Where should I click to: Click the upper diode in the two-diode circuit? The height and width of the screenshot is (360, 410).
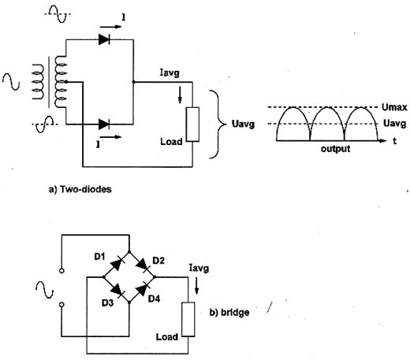(104, 39)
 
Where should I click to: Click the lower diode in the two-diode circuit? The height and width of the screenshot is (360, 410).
(104, 124)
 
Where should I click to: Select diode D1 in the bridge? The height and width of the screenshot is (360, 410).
(116, 264)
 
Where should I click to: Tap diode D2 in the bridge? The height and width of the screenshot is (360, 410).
(142, 264)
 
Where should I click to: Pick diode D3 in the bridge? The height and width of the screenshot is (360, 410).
(117, 290)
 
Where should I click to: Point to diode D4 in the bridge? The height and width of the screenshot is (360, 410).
(142, 290)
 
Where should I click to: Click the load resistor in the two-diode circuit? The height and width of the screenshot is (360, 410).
(192, 124)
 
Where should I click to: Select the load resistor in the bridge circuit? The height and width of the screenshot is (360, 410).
(188, 319)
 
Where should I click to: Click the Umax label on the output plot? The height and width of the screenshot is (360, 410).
(394, 107)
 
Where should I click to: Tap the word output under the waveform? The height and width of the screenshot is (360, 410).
(335, 149)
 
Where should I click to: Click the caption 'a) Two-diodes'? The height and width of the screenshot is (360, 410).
(80, 189)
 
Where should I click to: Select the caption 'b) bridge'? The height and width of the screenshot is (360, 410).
(229, 313)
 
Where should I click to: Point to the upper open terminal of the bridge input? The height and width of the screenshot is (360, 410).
(61, 271)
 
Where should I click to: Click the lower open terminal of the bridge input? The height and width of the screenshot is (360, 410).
(61, 305)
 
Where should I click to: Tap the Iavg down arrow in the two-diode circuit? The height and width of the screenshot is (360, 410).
(180, 95)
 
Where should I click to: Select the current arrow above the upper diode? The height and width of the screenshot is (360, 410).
(110, 27)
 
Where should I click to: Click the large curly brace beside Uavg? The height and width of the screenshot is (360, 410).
(218, 124)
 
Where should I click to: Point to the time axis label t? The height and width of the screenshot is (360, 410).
(394, 141)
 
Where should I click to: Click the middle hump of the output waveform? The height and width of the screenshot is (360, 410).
(327, 108)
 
